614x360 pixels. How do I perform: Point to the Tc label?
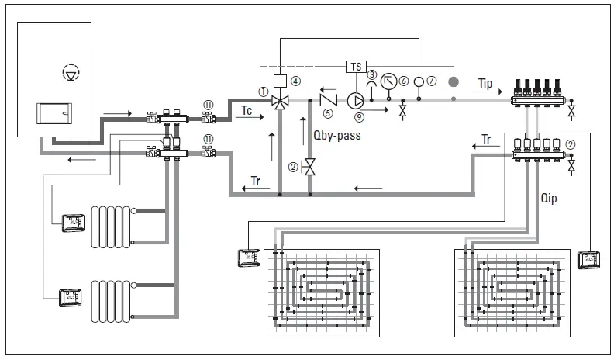coord(246,110)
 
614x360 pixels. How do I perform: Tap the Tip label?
coord(486,82)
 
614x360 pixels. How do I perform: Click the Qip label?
coord(548,197)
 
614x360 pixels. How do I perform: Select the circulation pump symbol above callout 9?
coord(357,99)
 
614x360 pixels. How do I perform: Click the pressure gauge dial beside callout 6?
coord(390,81)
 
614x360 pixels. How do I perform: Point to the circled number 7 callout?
coord(432,81)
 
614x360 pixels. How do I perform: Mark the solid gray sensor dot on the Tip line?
coord(454,81)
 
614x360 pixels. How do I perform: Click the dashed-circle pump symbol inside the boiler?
coord(71,74)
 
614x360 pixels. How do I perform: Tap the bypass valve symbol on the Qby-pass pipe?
coord(308,166)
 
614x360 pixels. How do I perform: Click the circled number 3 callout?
coord(372,74)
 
